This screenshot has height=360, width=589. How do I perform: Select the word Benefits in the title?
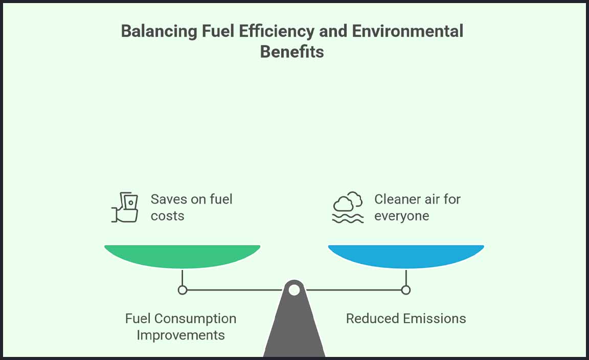(292, 52)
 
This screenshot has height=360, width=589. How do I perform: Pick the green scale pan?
(182, 256)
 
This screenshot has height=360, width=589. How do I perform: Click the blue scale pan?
(406, 256)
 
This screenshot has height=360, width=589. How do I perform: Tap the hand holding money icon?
(125, 207)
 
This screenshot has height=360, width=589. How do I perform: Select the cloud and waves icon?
(348, 208)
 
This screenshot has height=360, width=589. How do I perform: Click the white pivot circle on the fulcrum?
(294, 290)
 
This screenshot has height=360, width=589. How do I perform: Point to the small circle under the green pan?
(183, 290)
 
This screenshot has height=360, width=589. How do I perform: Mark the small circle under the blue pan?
(406, 290)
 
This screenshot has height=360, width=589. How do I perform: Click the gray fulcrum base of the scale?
(294, 327)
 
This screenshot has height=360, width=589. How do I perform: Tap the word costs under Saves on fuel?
(167, 216)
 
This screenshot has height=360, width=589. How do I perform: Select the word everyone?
(401, 216)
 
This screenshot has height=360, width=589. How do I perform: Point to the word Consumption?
(195, 319)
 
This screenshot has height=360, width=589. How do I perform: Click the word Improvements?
(181, 335)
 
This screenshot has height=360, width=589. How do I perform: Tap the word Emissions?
(436, 319)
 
